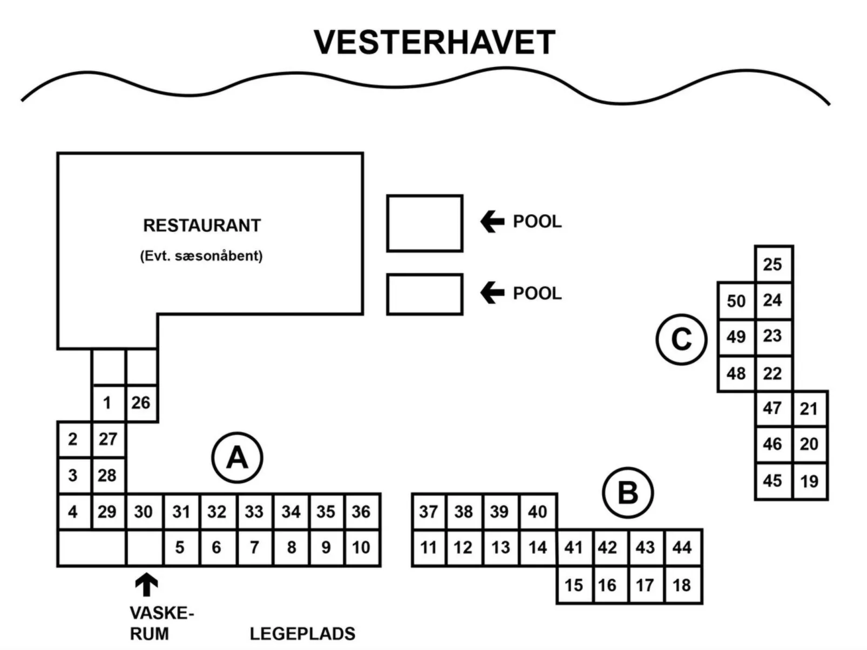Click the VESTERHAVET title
[435, 43]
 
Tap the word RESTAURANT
[202, 225]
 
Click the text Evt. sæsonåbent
[201, 256]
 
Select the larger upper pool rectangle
[425, 223]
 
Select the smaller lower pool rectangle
[425, 294]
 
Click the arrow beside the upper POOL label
[492, 222]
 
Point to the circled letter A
[237, 458]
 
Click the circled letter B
[628, 493]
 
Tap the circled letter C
[681, 339]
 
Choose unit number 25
[773, 264]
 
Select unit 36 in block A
[361, 511]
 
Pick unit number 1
[107, 403]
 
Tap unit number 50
[736, 300]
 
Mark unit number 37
[429, 511]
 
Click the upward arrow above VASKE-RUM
[146, 584]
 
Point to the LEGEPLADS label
[302, 633]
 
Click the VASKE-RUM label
[160, 623]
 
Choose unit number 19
[809, 481]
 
